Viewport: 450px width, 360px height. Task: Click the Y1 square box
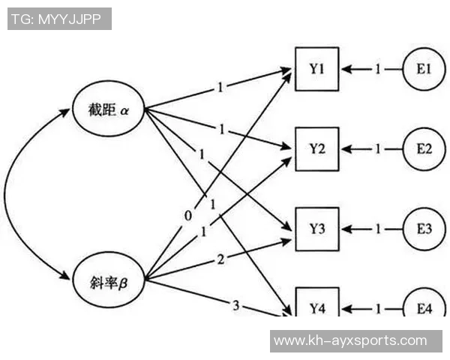click(316, 69)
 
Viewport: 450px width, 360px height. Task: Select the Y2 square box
click(316, 148)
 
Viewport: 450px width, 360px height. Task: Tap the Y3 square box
click(316, 228)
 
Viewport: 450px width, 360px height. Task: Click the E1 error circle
click(424, 69)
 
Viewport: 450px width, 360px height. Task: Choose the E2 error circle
click(424, 148)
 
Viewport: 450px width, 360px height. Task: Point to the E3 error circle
click(424, 228)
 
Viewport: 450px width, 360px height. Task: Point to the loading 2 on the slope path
click(220, 259)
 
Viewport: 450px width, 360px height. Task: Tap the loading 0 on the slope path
click(188, 216)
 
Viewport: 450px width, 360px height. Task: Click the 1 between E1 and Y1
click(378, 70)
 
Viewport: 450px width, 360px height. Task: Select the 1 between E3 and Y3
click(378, 229)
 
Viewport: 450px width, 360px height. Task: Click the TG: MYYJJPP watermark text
click(59, 19)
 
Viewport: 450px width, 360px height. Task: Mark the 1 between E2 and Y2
click(378, 149)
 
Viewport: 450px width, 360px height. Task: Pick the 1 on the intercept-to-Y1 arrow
click(220, 87)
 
